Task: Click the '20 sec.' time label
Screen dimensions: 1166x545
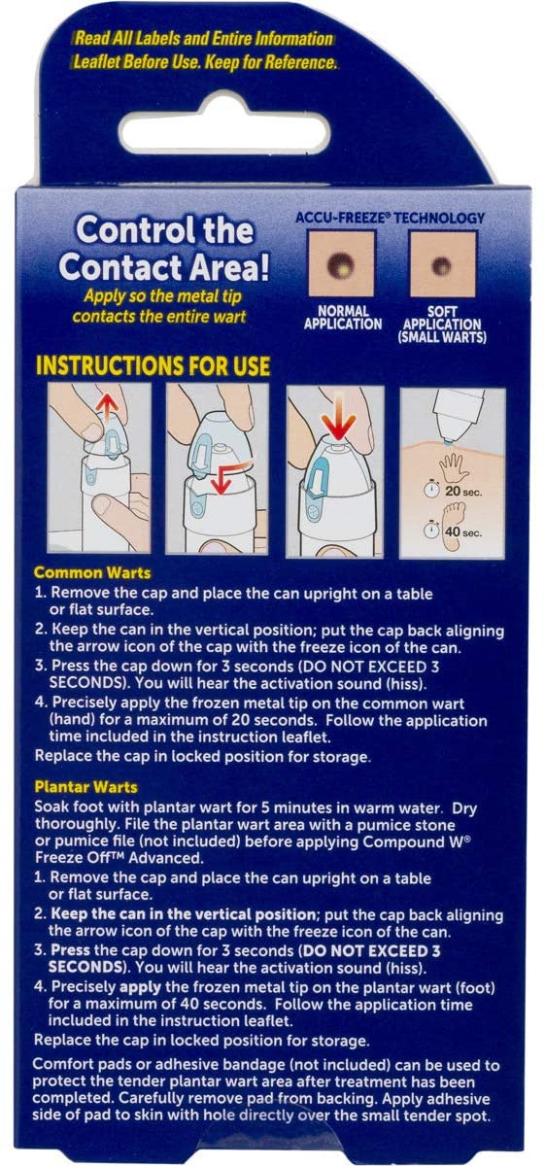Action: pos(476,493)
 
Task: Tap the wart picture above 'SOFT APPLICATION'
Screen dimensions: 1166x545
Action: pos(442,264)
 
